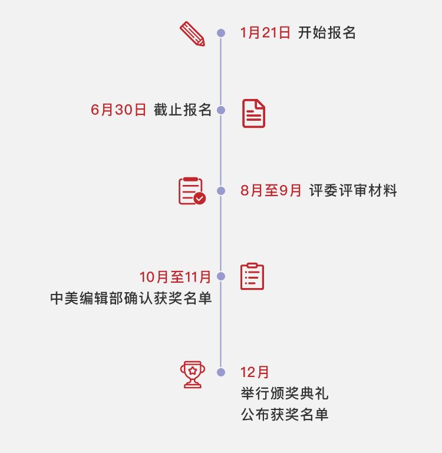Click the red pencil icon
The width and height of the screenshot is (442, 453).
click(x=192, y=34)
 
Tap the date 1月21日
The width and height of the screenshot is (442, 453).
click(x=265, y=33)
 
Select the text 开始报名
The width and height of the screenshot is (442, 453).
click(x=327, y=33)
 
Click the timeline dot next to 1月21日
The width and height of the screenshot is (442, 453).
click(x=221, y=33)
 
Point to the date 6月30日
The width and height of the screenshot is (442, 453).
click(x=118, y=110)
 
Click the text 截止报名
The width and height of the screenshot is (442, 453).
click(x=183, y=110)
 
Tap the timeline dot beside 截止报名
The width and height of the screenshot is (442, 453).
click(x=221, y=110)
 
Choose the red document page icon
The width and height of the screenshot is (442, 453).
click(x=253, y=113)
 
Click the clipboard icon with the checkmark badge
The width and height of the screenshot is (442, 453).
click(x=192, y=191)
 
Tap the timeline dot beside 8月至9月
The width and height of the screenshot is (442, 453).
click(x=221, y=191)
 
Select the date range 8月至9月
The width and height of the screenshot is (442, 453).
click(x=271, y=191)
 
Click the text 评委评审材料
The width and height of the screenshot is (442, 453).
click(x=353, y=191)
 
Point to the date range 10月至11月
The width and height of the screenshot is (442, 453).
click(x=175, y=276)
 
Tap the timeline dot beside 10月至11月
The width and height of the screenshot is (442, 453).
click(x=221, y=276)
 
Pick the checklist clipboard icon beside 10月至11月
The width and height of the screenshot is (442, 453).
click(x=252, y=276)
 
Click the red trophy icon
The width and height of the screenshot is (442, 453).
click(x=192, y=374)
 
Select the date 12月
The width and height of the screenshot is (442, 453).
click(x=255, y=372)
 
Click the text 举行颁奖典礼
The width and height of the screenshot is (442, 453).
click(x=284, y=394)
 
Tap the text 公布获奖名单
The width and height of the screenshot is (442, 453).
click(x=284, y=415)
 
